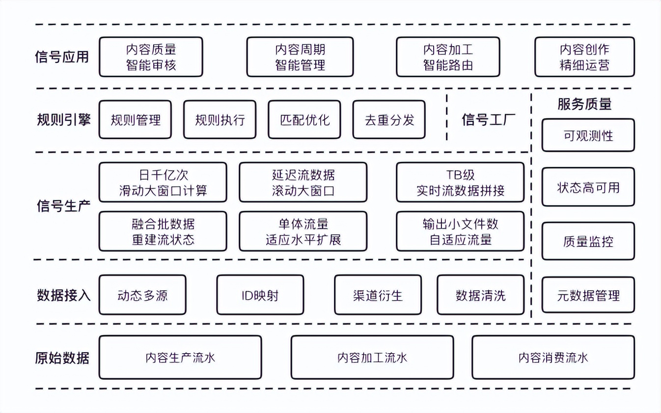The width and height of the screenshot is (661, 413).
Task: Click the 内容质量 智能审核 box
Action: coord(151,57)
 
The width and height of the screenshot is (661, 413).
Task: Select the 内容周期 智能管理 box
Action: coord(300,57)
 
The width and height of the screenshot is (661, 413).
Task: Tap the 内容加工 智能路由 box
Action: coord(448,57)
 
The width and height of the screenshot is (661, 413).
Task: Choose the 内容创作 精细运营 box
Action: coord(584,57)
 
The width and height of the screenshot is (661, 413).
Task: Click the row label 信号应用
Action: coord(62,57)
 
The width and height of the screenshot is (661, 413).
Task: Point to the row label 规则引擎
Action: coord(63,120)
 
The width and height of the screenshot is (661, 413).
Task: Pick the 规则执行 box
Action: coord(220,120)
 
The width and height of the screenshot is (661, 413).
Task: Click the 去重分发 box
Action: coord(389,120)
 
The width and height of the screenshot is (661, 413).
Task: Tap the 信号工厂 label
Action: coord(488,120)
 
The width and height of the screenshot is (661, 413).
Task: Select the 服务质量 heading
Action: coord(584,104)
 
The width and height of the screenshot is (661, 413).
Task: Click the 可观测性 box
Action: coord(588,135)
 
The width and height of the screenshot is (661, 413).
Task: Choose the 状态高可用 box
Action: coord(588,187)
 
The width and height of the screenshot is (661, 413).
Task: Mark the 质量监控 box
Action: coord(588,241)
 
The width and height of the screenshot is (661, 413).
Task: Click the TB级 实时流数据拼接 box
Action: coord(460,182)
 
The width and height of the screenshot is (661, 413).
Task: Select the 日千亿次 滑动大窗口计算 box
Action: coord(163,182)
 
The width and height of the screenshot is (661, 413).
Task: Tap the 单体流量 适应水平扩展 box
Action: coord(303,232)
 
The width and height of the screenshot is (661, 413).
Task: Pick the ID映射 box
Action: coord(260,295)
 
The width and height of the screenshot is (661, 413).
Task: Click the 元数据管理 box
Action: coord(588,295)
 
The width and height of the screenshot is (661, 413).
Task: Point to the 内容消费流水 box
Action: coord(552,358)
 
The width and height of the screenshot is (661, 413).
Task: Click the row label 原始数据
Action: coord(62,358)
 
